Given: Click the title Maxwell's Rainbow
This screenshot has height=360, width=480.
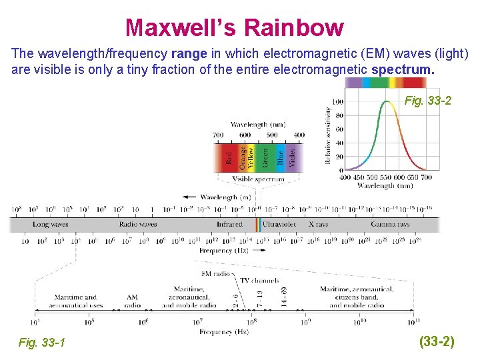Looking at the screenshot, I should click(x=234, y=27).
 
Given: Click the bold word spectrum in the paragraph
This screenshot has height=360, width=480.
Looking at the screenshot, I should click(x=403, y=69).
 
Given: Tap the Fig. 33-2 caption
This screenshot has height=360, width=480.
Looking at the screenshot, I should click(x=428, y=101).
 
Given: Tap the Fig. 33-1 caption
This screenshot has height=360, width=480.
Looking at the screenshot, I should click(x=42, y=343).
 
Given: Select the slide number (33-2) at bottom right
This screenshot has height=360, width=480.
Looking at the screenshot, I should click(x=437, y=342).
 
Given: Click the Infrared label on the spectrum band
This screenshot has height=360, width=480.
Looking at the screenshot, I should click(x=229, y=225).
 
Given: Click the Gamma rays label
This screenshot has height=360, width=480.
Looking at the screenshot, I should click(x=390, y=225).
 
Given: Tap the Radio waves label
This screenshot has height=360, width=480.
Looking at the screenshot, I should click(x=138, y=225).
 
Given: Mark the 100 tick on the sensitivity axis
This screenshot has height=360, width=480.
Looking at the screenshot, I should click(x=337, y=101).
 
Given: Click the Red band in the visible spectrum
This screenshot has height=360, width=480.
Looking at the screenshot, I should click(x=227, y=157).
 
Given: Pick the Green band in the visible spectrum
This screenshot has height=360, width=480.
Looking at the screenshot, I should click(x=265, y=157).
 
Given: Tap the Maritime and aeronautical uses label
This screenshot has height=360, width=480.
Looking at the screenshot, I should click(x=75, y=301).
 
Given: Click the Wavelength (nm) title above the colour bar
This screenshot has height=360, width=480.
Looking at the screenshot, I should click(x=258, y=124).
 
